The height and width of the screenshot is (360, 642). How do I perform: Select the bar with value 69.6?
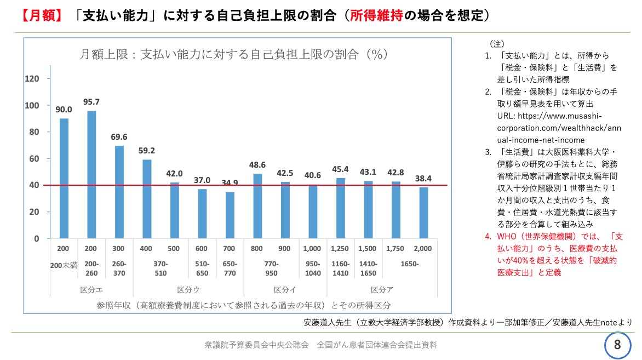point(119,192)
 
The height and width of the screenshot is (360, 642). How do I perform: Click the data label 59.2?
point(147,150)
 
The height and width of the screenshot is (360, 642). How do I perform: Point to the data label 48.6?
point(257,164)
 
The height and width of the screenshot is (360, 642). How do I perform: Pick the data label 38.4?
point(423,178)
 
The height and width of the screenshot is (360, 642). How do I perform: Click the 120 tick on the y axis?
point(33,79)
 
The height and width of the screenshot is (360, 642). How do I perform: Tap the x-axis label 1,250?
point(340,249)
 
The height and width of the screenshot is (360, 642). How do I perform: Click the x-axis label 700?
point(230,249)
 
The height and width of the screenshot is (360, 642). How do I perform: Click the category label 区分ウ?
point(188,289)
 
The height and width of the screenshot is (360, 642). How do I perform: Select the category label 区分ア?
point(382,289)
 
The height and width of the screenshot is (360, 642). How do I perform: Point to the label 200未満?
point(64,265)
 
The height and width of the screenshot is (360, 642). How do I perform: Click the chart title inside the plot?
point(234,54)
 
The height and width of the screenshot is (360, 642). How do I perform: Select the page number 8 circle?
point(618,345)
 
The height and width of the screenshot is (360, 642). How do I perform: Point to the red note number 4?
point(488,237)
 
